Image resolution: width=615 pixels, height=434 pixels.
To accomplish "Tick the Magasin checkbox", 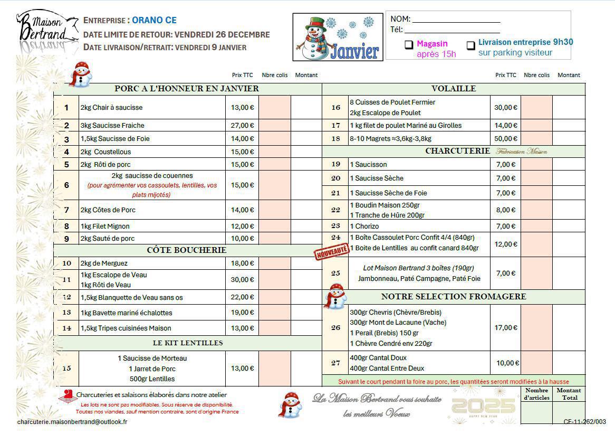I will point(409,45).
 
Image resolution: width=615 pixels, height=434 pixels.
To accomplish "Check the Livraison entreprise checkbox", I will point(471,45).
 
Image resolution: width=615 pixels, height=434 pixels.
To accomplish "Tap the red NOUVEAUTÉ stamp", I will point(331,251).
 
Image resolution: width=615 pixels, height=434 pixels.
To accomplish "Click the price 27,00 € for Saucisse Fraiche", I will point(242,126).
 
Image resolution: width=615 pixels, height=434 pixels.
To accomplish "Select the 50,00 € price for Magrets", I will point(505,139).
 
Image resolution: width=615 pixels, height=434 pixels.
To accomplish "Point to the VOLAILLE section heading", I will point(453,89).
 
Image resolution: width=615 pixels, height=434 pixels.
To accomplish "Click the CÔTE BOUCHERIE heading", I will point(187,250).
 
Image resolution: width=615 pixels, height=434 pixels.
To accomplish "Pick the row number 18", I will point(335,139).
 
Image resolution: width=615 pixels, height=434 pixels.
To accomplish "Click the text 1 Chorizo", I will point(364,227).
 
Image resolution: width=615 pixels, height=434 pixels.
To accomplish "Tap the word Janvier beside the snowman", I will point(354,51).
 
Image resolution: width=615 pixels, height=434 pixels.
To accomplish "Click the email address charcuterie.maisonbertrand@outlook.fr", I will point(72,422).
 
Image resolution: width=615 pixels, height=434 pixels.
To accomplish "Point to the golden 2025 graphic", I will point(483,407).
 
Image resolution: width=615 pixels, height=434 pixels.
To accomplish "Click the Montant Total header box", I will point(569,394).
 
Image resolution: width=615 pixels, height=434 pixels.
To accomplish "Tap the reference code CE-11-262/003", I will point(584,422).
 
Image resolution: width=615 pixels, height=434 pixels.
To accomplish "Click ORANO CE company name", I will point(154,21).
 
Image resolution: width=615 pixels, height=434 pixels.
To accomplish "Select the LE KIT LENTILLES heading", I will point(188,343).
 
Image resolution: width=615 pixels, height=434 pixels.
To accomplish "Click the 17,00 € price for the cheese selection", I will point(505,328).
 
